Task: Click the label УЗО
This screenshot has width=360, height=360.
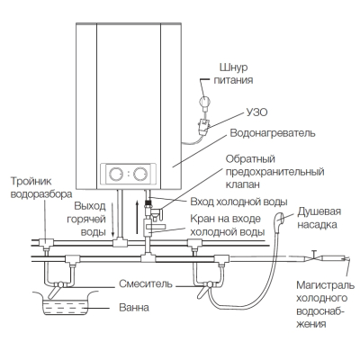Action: tap(256, 112)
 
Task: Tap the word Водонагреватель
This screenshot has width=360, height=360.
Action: tap(273, 133)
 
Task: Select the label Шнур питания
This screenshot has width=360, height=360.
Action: tap(233, 74)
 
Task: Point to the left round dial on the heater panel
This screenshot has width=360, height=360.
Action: tap(115, 174)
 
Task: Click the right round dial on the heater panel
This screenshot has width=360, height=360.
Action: tap(140, 174)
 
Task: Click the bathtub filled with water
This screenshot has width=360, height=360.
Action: tap(66, 302)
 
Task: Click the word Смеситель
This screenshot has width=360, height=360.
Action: tap(146, 283)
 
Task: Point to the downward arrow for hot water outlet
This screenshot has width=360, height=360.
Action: tap(112, 220)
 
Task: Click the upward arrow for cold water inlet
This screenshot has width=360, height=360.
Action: tap(137, 217)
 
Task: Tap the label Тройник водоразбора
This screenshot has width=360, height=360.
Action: tap(41, 188)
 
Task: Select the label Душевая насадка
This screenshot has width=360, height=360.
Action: tap(319, 218)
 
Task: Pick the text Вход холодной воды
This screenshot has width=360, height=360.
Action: tap(238, 202)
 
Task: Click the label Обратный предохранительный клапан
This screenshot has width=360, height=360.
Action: tap(274, 171)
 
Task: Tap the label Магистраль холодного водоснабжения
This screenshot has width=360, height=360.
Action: tap(325, 304)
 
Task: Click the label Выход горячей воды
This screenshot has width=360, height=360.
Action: tap(90, 219)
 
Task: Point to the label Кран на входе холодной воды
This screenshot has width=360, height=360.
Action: tap(228, 225)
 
